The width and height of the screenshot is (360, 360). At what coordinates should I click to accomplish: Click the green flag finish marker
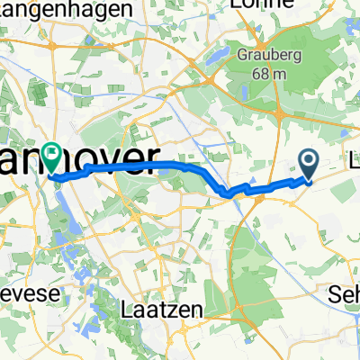[57, 157]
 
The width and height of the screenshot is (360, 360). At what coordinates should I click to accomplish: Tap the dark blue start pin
[308, 164]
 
